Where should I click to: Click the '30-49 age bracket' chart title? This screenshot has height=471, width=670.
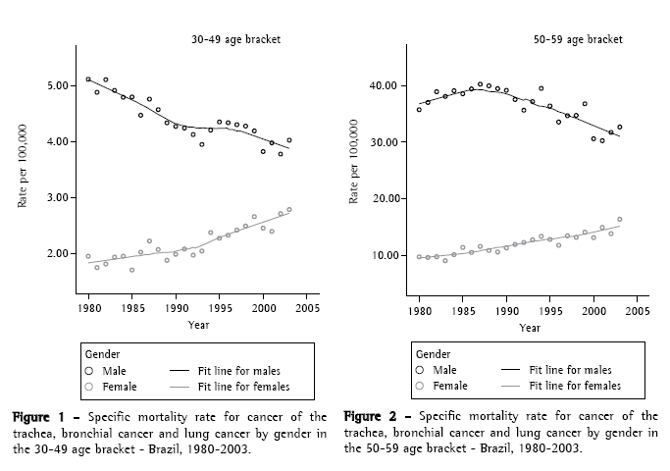[235, 40]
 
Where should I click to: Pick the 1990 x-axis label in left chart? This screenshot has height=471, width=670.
[176, 304]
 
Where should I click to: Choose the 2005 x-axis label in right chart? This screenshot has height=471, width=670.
[637, 304]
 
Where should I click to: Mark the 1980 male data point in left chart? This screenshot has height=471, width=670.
[88, 79]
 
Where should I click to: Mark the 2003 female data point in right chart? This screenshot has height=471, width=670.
[619, 219]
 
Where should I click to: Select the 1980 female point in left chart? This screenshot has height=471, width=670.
[88, 256]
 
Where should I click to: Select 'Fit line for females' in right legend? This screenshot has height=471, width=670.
[576, 387]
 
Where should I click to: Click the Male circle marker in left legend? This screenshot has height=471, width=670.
[89, 370]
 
